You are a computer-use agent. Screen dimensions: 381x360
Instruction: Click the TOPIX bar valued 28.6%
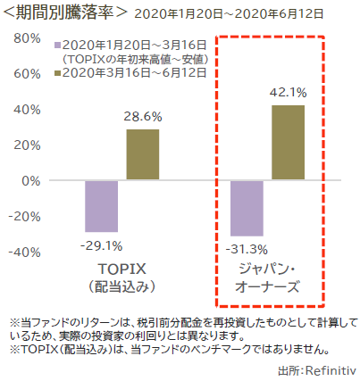point(143,154)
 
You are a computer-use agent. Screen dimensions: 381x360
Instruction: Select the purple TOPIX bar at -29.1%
point(102,206)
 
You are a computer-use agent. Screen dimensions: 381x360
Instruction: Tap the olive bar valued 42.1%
point(289,143)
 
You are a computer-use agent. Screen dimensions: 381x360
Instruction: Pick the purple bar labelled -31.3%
point(247,208)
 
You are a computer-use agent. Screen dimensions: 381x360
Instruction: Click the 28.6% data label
point(143,117)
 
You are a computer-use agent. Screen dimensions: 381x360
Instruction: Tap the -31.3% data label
point(247,248)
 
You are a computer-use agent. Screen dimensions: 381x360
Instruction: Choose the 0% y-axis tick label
point(32,180)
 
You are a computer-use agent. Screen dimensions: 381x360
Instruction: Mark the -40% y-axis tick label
point(25,252)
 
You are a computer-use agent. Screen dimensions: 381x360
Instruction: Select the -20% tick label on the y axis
point(25,216)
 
